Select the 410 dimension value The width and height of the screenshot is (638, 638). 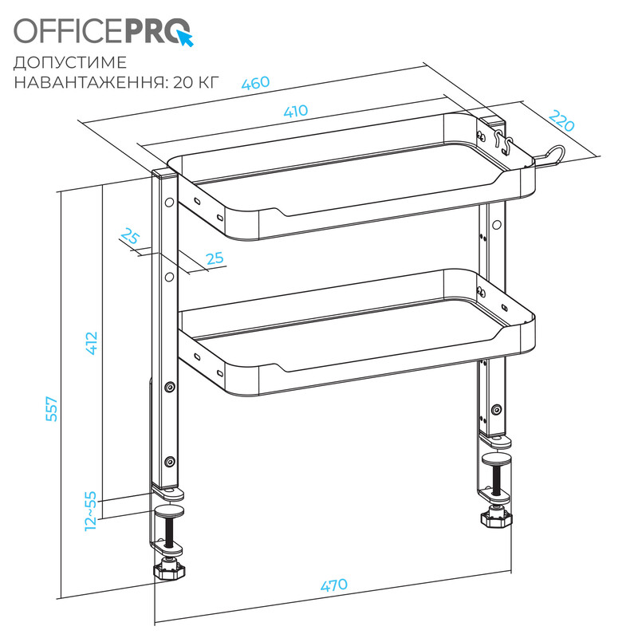click(296, 112)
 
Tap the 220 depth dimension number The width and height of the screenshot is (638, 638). click(561, 121)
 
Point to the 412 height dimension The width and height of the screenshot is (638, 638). click(92, 342)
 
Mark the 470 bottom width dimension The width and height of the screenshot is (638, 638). click(333, 585)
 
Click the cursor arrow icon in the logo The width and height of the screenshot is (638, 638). click(185, 37)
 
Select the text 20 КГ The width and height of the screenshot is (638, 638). click(194, 81)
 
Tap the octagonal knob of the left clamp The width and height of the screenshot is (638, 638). click(167, 570)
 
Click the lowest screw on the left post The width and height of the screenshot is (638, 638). click(169, 462)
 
